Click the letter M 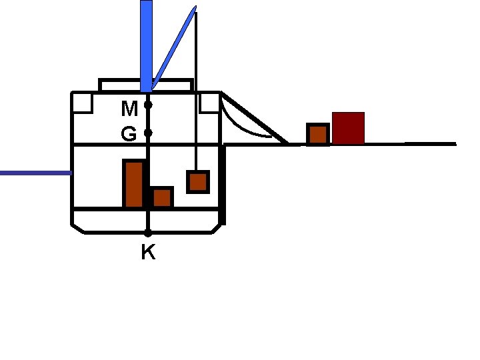(x=130, y=107)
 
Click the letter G (x=129, y=135)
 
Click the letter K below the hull (x=148, y=253)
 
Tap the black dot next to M (x=148, y=105)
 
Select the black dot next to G (x=148, y=133)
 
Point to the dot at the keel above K (x=148, y=233)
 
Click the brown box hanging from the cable (x=198, y=182)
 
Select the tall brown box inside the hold (x=133, y=183)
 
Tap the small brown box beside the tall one (x=162, y=197)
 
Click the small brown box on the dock (x=318, y=134)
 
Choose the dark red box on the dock (x=348, y=128)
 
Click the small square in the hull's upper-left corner (x=83, y=103)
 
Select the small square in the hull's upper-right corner (x=209, y=103)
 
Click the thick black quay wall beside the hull (x=222, y=183)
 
